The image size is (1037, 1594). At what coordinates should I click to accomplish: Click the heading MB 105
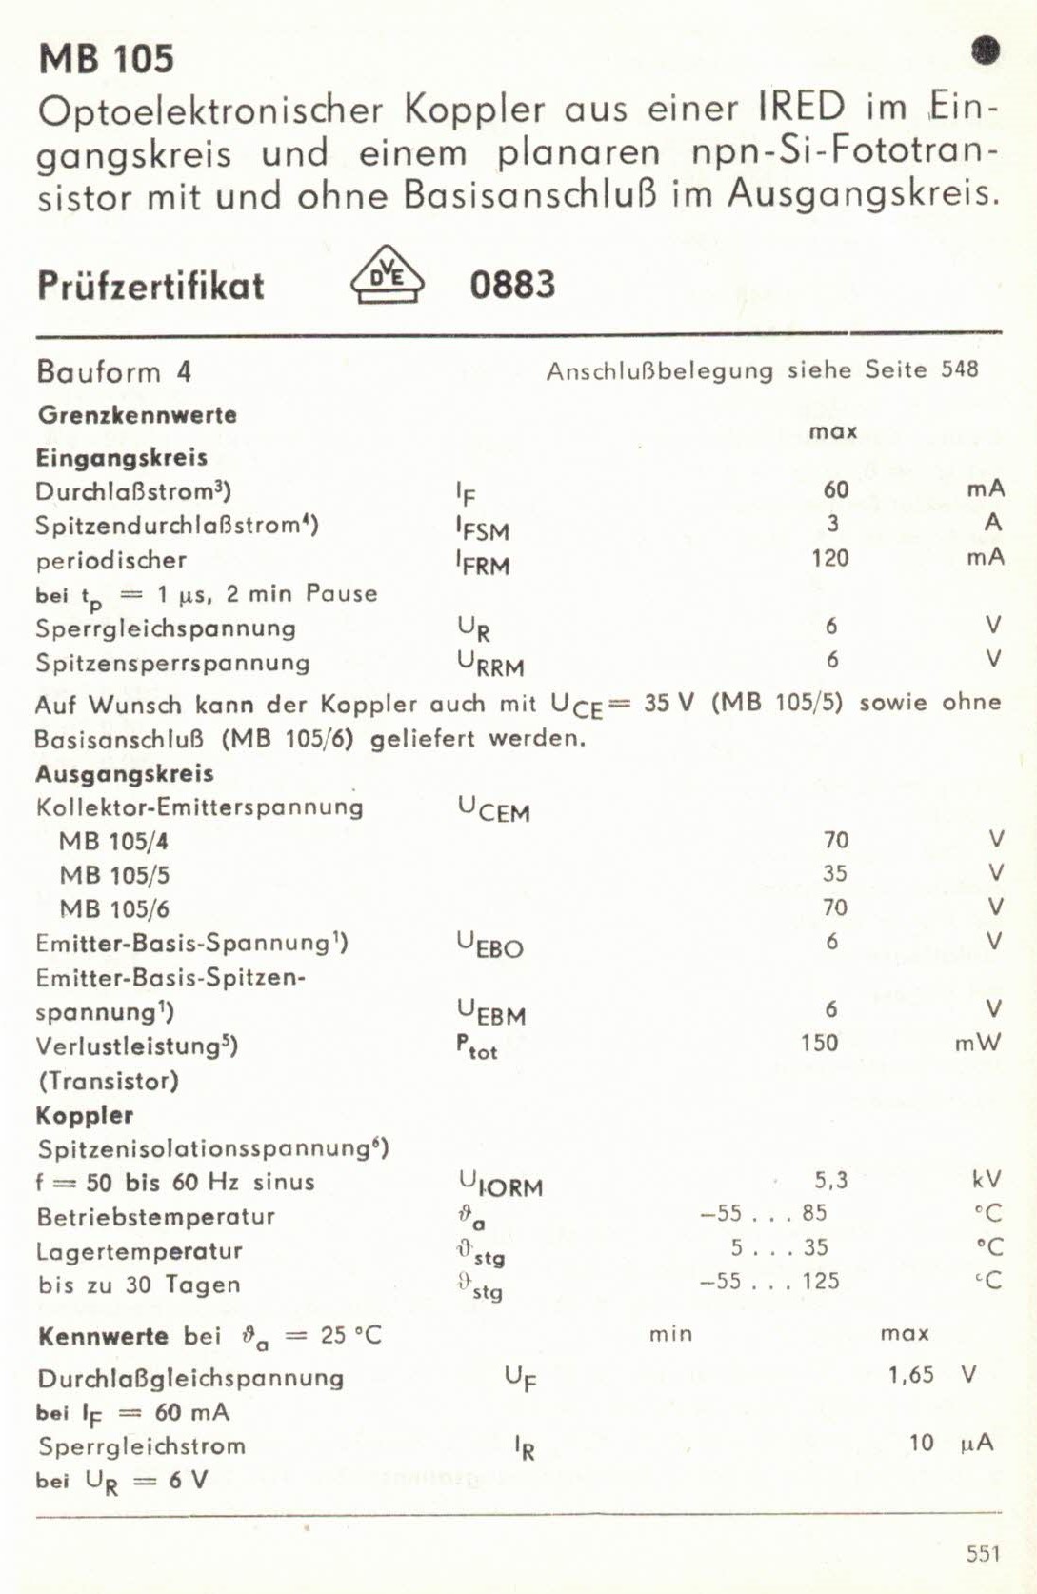(x=107, y=59)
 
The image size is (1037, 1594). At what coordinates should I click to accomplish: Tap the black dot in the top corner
(x=986, y=50)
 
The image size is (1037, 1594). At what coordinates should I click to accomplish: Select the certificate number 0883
(x=512, y=285)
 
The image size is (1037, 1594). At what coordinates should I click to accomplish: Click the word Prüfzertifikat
(x=150, y=286)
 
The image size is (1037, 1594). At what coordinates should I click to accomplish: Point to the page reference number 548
(x=960, y=369)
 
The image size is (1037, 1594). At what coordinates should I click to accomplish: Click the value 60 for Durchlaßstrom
(x=835, y=489)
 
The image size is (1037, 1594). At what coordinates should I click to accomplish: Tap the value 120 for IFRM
(x=829, y=558)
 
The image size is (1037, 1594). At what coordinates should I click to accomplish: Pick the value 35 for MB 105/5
(x=834, y=874)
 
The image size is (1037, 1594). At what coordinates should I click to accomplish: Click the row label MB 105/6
(x=114, y=909)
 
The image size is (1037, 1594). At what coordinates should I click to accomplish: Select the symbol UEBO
(x=490, y=945)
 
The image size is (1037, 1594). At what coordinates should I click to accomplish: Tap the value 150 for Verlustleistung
(x=819, y=1043)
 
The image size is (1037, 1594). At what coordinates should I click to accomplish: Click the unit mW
(x=978, y=1044)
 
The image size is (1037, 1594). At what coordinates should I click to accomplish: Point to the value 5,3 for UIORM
(x=830, y=1181)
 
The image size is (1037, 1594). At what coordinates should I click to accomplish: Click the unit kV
(x=987, y=1180)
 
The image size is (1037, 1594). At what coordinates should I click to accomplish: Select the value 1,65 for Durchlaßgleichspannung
(x=910, y=1375)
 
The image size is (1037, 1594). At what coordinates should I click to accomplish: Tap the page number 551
(x=983, y=1554)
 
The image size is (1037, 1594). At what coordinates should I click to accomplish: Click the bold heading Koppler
(x=85, y=1115)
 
